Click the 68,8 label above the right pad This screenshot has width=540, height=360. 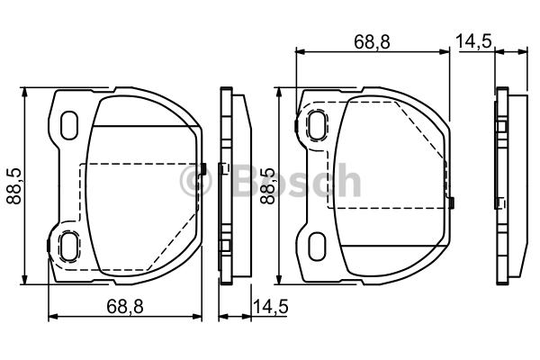(x=372, y=42)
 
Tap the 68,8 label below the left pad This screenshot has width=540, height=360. (x=125, y=306)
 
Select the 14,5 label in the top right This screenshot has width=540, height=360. (x=473, y=41)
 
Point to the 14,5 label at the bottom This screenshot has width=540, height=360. (x=270, y=306)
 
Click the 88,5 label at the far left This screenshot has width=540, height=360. (x=15, y=186)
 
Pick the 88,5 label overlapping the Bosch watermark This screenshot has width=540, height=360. (x=267, y=186)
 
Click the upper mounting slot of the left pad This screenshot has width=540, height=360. (x=69, y=125)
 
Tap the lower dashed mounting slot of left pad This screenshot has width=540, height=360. (x=69, y=246)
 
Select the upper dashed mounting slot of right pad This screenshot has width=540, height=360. (x=317, y=125)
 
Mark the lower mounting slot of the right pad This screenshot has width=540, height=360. (x=317, y=246)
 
